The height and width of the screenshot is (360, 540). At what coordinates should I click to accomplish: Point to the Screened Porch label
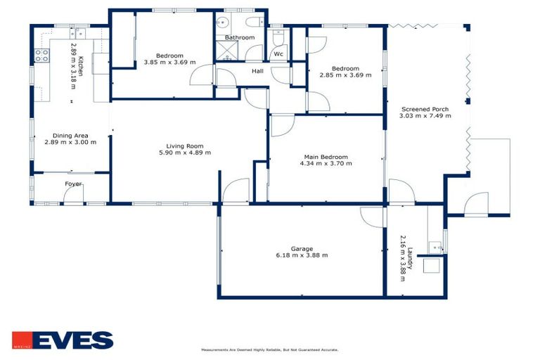(x=425, y=109)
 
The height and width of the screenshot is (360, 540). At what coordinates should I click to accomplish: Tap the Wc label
(x=278, y=53)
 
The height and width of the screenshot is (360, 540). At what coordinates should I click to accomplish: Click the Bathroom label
(x=239, y=37)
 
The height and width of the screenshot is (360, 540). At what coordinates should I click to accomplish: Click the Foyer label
(x=73, y=184)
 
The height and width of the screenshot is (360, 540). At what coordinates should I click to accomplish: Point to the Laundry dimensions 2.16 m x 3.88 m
(x=403, y=258)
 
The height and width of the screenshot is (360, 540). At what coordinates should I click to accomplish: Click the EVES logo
(x=63, y=340)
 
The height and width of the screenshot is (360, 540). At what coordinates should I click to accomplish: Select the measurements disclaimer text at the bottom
(x=270, y=349)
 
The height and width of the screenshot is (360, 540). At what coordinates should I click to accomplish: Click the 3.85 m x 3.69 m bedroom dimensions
(x=169, y=62)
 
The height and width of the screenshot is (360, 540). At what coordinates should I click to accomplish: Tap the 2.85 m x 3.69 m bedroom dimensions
(x=345, y=75)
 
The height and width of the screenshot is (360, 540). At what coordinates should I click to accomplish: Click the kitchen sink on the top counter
(x=77, y=32)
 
